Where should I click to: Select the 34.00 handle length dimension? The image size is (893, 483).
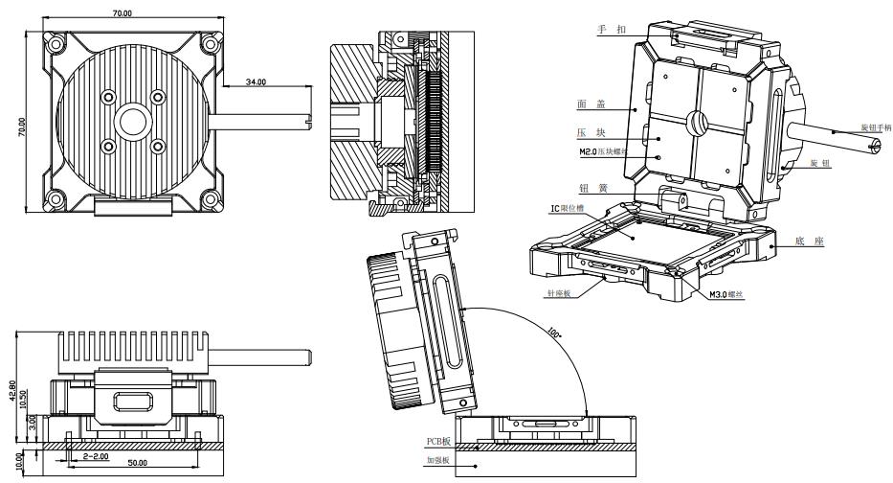point(257,83)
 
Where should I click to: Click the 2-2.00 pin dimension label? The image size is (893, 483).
point(95,456)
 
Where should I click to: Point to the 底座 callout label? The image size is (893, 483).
point(809,242)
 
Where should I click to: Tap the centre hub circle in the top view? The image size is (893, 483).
point(131,122)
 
